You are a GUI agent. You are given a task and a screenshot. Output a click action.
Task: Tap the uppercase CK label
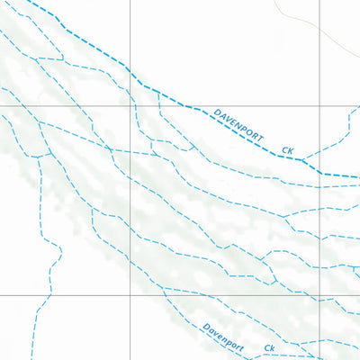pos(288,150)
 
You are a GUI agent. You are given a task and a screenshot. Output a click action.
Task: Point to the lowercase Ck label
pos(268,347)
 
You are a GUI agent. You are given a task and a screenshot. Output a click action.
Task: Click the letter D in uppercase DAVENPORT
pos(217,113)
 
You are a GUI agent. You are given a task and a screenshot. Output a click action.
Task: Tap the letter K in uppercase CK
pos(291,151)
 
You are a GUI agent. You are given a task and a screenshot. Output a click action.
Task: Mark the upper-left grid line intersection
pos(130,106)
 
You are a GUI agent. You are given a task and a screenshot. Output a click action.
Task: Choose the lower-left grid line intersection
pos(130,294)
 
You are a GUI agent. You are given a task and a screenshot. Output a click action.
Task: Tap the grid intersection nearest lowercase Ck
pos(319,294)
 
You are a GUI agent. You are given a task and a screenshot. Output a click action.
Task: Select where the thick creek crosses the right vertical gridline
pos(319,171)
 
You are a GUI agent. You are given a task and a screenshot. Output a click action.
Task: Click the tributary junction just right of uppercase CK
pos(303,160)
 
